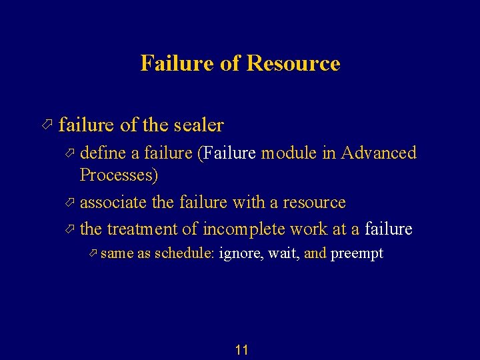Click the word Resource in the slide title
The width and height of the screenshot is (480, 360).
tap(293, 63)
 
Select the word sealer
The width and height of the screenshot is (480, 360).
tap(198, 125)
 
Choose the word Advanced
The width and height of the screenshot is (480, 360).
tap(379, 153)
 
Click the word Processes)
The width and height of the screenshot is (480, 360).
tap(119, 175)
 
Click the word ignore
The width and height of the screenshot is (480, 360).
tap(241, 254)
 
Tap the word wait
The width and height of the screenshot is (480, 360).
tap(283, 254)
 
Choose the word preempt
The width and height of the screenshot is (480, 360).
tap(357, 254)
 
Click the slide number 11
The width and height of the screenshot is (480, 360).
tap(242, 350)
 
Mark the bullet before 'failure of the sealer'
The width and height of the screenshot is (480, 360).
tap(46, 125)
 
